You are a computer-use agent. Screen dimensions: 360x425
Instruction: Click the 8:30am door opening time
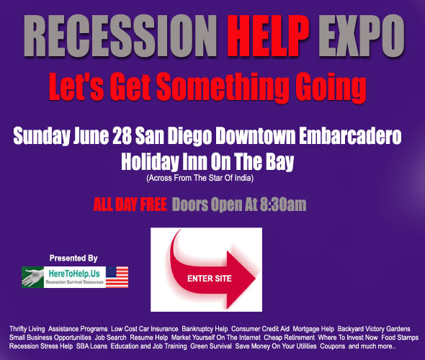coord(285,204)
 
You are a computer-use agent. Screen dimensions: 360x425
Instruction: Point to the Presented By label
coord(73,257)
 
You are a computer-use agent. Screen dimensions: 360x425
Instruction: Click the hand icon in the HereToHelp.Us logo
coord(34,277)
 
